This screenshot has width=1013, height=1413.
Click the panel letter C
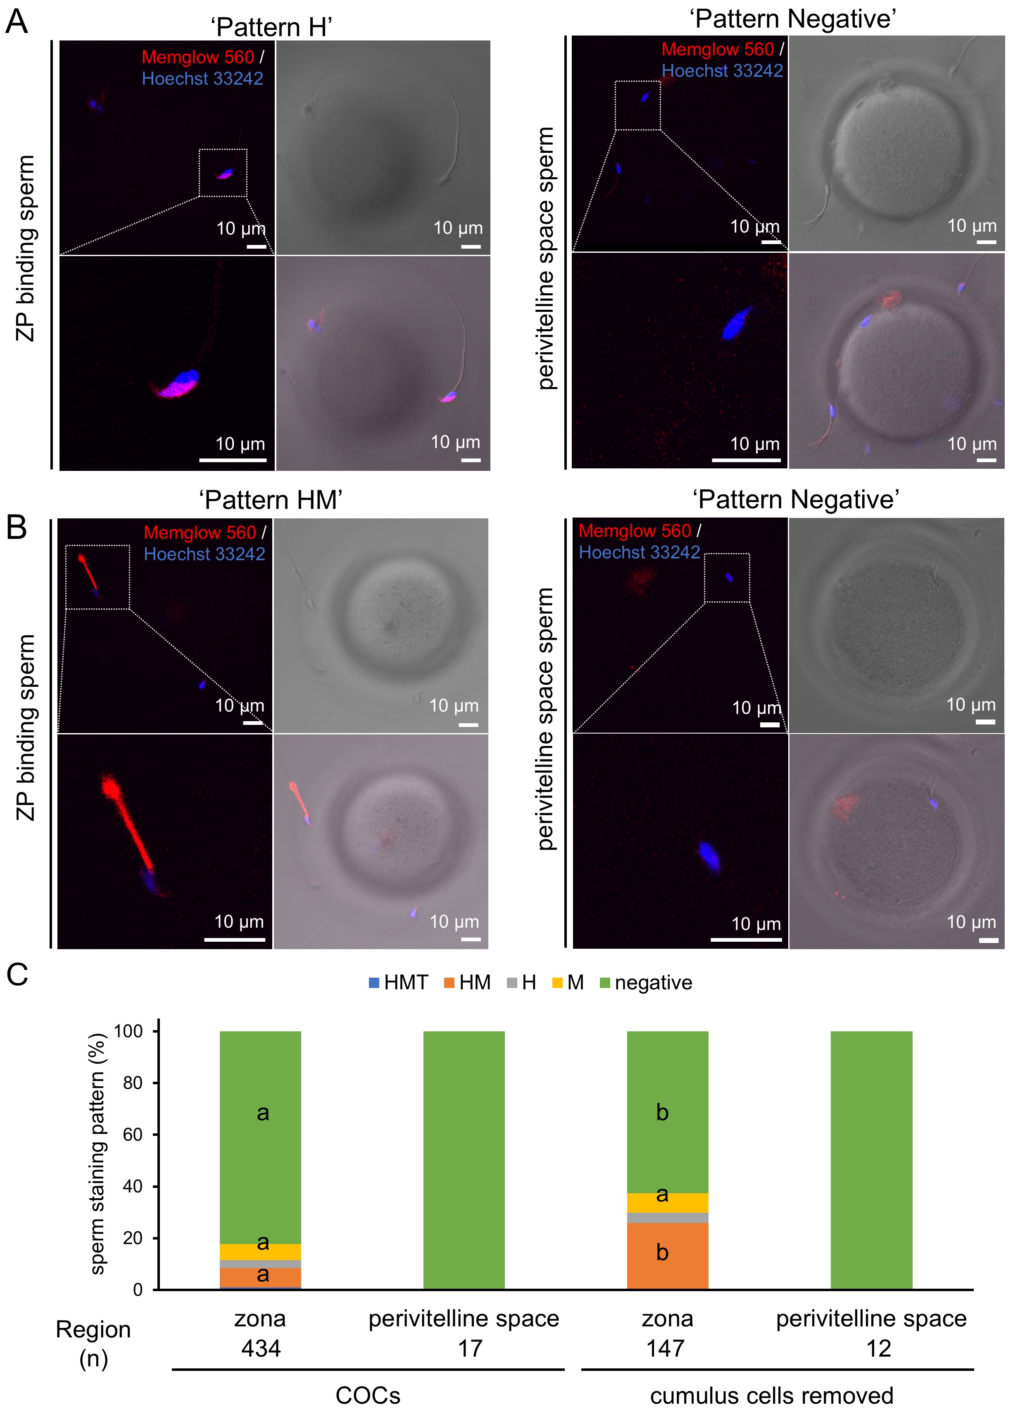tap(17, 974)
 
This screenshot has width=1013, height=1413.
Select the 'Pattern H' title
tap(271, 27)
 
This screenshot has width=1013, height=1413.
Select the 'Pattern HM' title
tap(271, 500)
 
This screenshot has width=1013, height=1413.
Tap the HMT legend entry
tap(399, 983)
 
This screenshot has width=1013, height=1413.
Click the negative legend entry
tap(646, 983)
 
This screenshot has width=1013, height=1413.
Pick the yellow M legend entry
tap(568, 983)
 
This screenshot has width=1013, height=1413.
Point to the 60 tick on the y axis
tap(133, 1135)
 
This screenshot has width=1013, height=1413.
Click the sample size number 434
tap(261, 1348)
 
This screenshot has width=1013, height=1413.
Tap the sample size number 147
tap(666, 1348)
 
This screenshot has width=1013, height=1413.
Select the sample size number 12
tap(878, 1348)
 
